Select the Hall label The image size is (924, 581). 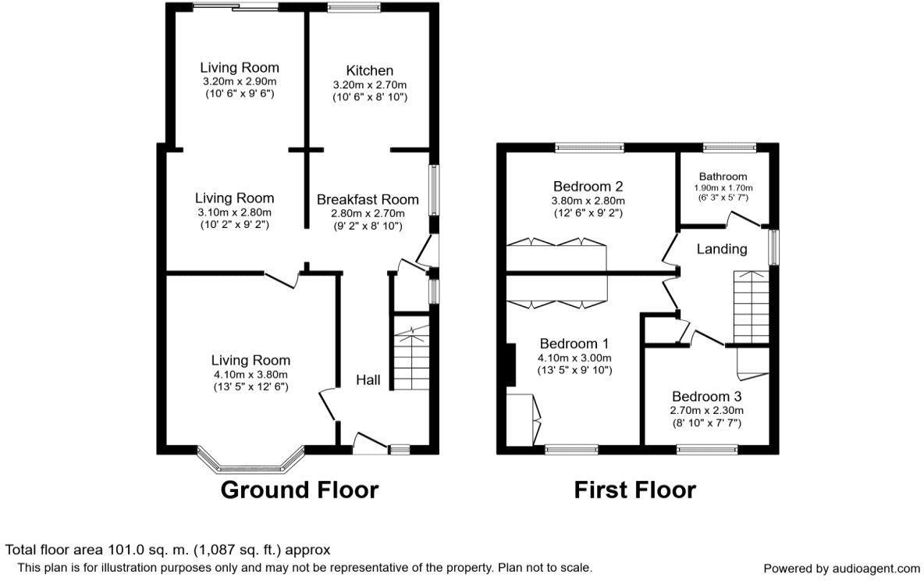coord(368,380)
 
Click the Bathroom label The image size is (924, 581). coord(723,176)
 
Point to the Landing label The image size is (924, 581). coord(722,249)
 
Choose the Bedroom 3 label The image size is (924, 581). coord(707,395)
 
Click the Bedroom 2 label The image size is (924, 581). coord(588,187)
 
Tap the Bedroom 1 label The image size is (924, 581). coord(574,344)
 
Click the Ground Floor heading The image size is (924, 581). coord(299,490)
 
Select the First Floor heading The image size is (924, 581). coord(634,490)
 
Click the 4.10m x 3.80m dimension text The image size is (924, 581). coord(251,373)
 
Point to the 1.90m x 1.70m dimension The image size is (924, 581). coord(723,188)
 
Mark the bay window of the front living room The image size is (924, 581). coord(250,462)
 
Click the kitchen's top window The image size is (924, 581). coord(354,9)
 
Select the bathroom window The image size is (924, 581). coord(729,146)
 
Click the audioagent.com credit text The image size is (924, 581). coord(841,569)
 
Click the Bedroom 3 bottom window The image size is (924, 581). coord(706,449)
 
